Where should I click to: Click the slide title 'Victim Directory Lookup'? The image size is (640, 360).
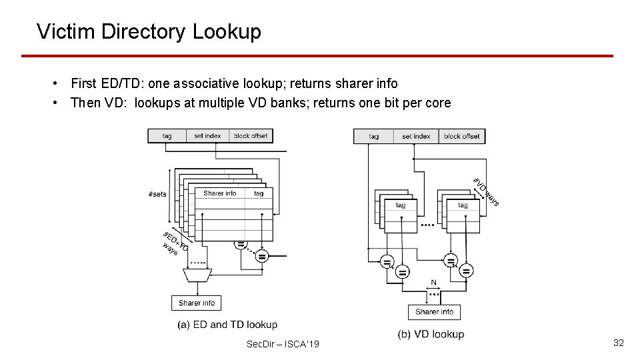(149, 31)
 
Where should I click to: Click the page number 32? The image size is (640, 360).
(618, 343)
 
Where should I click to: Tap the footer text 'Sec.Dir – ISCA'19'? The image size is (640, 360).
(283, 344)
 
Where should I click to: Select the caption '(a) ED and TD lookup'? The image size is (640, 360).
(227, 325)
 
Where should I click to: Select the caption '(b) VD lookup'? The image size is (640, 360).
(431, 334)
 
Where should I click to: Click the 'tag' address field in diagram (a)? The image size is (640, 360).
(167, 136)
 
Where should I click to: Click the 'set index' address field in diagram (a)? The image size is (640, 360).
(207, 136)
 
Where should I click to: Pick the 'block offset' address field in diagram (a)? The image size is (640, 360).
(251, 136)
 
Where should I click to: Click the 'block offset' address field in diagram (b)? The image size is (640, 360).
(461, 137)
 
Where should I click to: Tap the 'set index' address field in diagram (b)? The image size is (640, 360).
(416, 137)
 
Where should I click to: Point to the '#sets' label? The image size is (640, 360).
(157, 194)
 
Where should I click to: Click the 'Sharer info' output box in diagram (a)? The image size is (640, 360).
(197, 303)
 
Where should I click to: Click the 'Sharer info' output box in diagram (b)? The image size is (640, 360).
(434, 311)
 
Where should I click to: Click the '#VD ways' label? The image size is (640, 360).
(486, 191)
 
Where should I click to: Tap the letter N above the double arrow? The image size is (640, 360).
(434, 282)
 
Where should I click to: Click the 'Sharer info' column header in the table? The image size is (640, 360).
(220, 193)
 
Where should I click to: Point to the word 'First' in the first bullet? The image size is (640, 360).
(83, 83)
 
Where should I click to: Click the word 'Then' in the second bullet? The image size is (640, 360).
(84, 103)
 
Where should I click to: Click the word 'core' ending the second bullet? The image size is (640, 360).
(437, 103)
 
